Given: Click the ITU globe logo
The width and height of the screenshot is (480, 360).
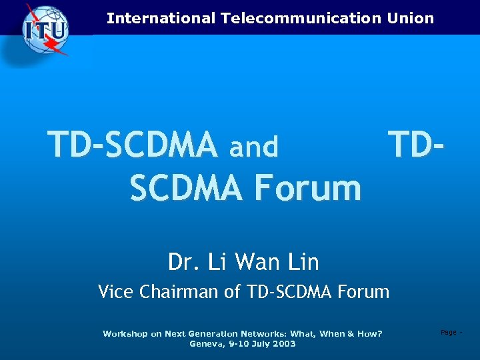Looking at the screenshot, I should pyautogui.click(x=45, y=29).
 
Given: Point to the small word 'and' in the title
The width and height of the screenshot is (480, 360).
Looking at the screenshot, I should pyautogui.click(x=253, y=147).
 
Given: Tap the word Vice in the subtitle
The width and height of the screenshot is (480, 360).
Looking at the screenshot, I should pyautogui.click(x=115, y=291).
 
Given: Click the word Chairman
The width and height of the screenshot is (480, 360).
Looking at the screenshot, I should pyautogui.click(x=177, y=291).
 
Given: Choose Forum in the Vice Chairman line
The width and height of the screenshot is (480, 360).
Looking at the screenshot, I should pyautogui.click(x=363, y=291).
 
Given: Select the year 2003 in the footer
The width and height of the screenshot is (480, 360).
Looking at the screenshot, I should pyautogui.click(x=283, y=344).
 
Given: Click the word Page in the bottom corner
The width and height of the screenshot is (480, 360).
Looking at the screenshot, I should pyautogui.click(x=448, y=332).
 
